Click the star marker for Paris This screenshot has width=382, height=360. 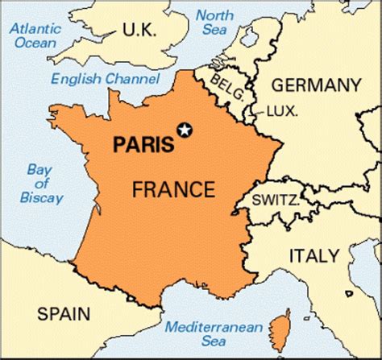184,128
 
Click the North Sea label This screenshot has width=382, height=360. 214,22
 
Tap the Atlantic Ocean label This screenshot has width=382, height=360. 37,35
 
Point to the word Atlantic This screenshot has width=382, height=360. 37,28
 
